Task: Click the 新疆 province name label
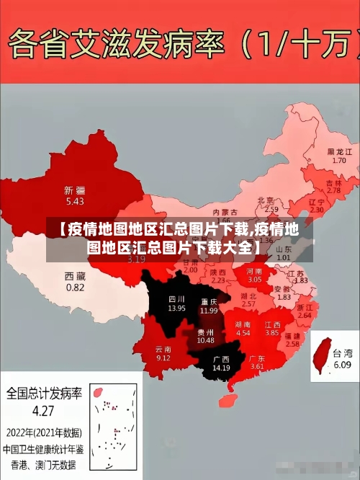(x=74, y=190)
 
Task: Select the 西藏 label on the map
(x=75, y=276)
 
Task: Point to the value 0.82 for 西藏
(x=75, y=287)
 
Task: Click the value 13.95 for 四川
(x=176, y=308)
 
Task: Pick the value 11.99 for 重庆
(x=209, y=310)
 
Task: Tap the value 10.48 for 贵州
(x=205, y=340)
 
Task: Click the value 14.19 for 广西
(x=220, y=368)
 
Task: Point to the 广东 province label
(x=257, y=358)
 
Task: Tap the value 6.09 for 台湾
(x=342, y=365)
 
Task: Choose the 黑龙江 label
(x=339, y=152)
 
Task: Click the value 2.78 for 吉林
(x=333, y=191)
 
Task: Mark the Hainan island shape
(x=230, y=396)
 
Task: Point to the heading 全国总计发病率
(x=44, y=394)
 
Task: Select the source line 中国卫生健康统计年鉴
(x=43, y=448)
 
